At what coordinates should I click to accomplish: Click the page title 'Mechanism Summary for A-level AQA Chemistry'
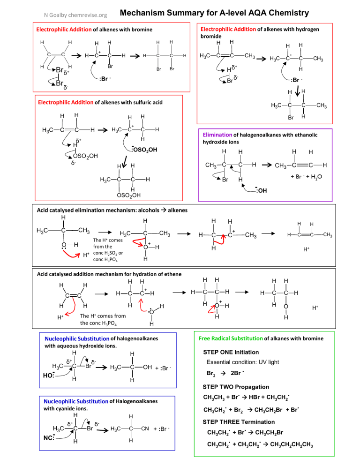coord(214,13)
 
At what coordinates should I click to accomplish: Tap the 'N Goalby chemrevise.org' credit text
coord(75,15)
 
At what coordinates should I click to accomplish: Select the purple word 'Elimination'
coord(217,135)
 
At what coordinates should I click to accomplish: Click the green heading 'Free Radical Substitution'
coord(231,338)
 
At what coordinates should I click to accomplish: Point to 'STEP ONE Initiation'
coord(231,352)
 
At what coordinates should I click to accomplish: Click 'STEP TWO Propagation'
coord(236,387)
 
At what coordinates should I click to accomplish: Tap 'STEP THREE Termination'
coord(239,422)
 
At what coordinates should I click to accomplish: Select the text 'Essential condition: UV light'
coord(243,362)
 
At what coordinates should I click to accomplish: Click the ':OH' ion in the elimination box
coord(261,190)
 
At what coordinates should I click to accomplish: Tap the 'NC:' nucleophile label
coord(49,438)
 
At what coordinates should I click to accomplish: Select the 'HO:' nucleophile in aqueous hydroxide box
coord(49,375)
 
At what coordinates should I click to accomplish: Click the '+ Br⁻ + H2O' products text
coord(306,177)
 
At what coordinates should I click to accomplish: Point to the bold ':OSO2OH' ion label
coord(144,150)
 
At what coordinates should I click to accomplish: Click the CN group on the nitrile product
coord(145,428)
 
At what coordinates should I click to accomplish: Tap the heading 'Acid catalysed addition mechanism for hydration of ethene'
coord(109,274)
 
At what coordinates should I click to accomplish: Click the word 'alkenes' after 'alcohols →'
coord(178,210)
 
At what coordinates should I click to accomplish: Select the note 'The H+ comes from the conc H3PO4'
coord(103,319)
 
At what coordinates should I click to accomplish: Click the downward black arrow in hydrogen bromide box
coord(298,91)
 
